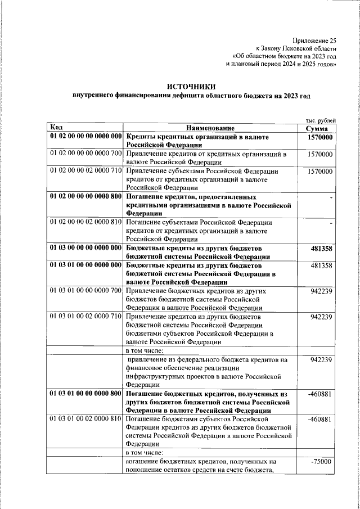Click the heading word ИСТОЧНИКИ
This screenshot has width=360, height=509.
191,86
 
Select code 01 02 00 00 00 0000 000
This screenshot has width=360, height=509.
86,137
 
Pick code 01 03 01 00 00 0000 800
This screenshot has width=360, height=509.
86,394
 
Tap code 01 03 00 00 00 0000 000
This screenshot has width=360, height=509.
86,247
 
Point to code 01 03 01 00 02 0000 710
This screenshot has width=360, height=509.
86,317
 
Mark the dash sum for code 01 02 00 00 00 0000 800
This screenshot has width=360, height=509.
331,198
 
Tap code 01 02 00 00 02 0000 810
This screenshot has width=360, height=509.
86,222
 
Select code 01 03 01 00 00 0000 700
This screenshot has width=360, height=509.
86,291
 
